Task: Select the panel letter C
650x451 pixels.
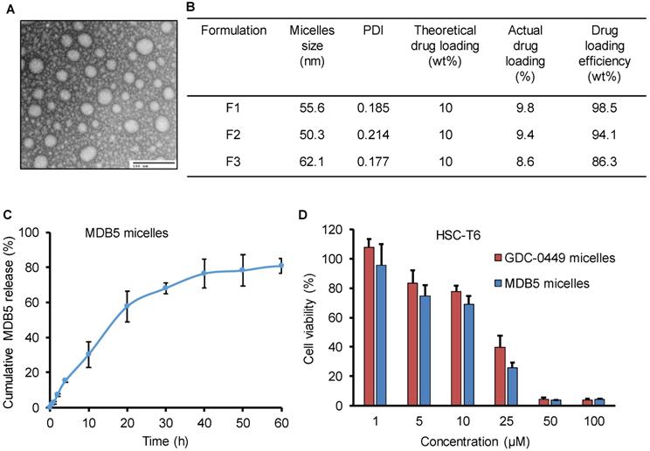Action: pos(7,213)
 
